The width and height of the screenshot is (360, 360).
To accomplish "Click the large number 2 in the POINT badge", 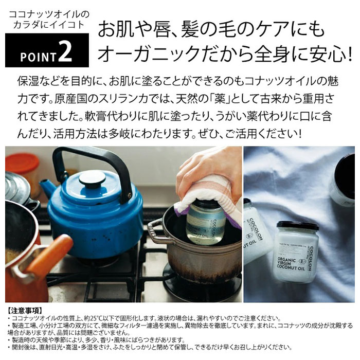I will pyautogui.click(x=65, y=53).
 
